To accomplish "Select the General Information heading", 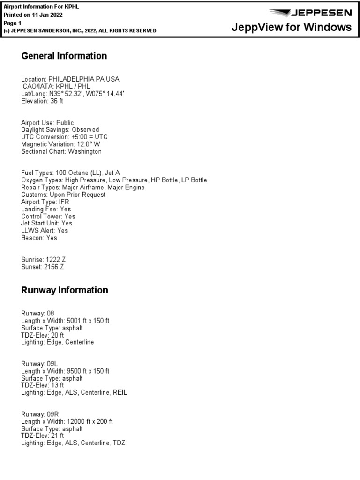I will (64, 56).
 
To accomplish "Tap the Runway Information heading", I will (65, 290).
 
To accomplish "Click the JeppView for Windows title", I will (292, 27).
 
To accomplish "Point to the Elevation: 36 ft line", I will (42, 101).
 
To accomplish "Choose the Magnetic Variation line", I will (60, 144).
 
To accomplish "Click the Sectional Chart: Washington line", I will (61, 151).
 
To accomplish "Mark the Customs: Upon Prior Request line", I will (63, 195).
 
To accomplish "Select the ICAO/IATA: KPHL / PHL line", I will (56, 87).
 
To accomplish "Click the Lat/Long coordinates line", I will (73, 94).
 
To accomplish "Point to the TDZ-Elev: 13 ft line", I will (43, 385).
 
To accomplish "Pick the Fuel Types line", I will (74, 173).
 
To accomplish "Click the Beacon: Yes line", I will (39, 238).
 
